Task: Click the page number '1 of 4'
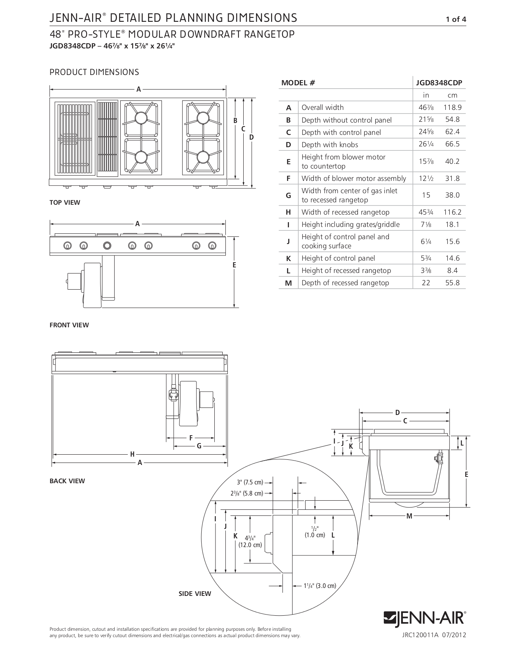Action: [456, 19]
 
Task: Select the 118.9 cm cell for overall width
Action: [452, 108]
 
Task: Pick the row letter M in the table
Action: [289, 283]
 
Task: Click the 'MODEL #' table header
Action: [298, 83]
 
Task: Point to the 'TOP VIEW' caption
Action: [65, 203]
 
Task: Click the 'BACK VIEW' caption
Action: [67, 481]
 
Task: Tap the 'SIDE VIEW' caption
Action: [195, 594]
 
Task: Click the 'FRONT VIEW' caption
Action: [69, 325]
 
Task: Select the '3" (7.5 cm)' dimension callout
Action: [250, 483]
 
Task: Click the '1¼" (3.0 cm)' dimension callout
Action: [320, 586]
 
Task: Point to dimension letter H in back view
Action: [132, 454]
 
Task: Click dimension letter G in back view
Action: [199, 446]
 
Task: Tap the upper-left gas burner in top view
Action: [141, 118]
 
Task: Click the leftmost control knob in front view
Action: [68, 246]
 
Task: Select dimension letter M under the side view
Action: [409, 516]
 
